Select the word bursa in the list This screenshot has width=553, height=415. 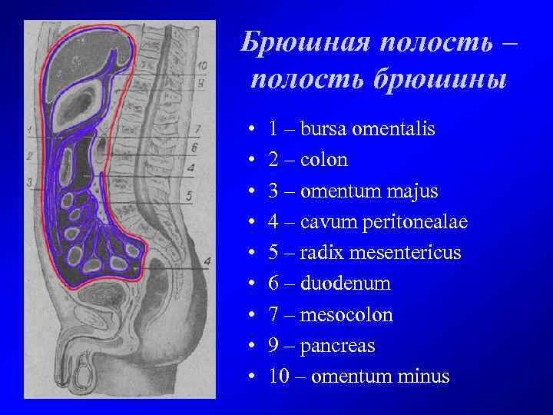(x=323, y=129)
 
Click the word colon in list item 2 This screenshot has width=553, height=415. (x=324, y=160)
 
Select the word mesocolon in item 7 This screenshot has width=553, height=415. (x=346, y=315)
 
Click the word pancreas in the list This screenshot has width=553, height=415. (x=338, y=347)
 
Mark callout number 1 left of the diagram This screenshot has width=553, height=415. (x=28, y=129)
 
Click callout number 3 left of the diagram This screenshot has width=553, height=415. (x=28, y=183)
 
